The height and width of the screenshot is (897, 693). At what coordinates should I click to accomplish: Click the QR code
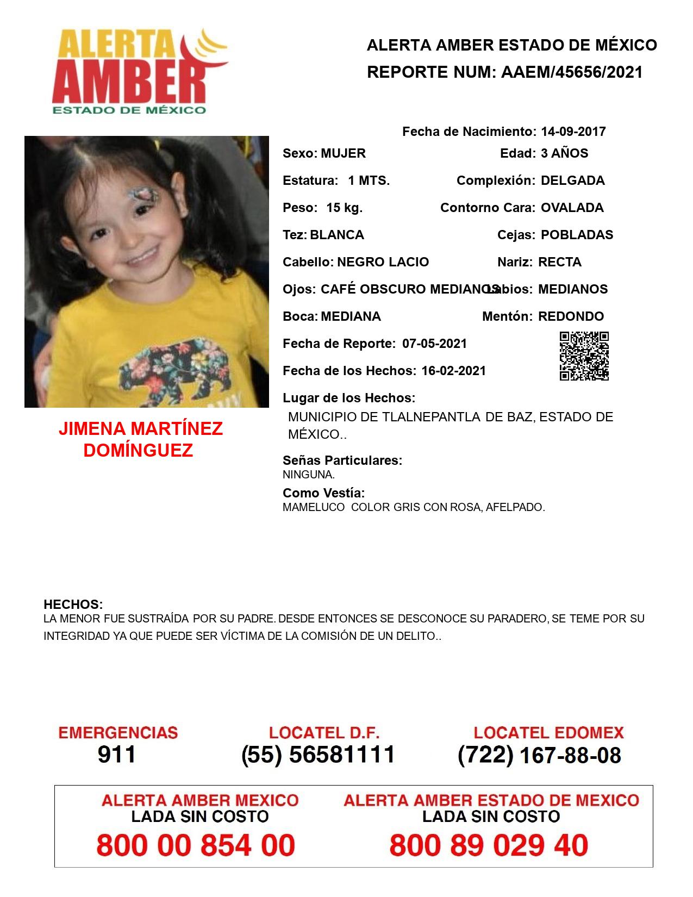[584, 356]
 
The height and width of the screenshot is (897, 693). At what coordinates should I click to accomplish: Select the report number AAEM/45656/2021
[572, 72]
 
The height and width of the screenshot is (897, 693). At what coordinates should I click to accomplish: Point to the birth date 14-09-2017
[573, 132]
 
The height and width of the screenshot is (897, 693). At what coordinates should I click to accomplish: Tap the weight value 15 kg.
[344, 208]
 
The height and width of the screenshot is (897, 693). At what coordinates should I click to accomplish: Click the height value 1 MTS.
[369, 180]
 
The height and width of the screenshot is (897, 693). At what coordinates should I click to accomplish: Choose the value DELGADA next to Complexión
[572, 180]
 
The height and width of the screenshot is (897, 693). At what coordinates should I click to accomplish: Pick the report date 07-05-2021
[434, 344]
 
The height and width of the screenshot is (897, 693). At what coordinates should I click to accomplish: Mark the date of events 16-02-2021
[453, 371]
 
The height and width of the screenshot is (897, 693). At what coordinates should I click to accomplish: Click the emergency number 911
[117, 755]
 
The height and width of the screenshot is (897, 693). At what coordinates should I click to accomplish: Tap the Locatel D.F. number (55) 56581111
[318, 755]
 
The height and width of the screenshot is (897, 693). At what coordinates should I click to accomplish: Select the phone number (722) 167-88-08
[539, 755]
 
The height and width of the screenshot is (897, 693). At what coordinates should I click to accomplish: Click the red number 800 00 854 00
[196, 845]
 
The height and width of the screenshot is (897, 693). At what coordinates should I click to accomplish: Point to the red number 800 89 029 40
[489, 845]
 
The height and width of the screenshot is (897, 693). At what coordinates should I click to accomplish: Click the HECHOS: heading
[73, 605]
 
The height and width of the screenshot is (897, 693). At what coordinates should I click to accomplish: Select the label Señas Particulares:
[342, 460]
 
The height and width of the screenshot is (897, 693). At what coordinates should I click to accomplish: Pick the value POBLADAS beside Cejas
[577, 235]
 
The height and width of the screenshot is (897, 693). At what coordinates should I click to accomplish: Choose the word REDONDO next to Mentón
[571, 316]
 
